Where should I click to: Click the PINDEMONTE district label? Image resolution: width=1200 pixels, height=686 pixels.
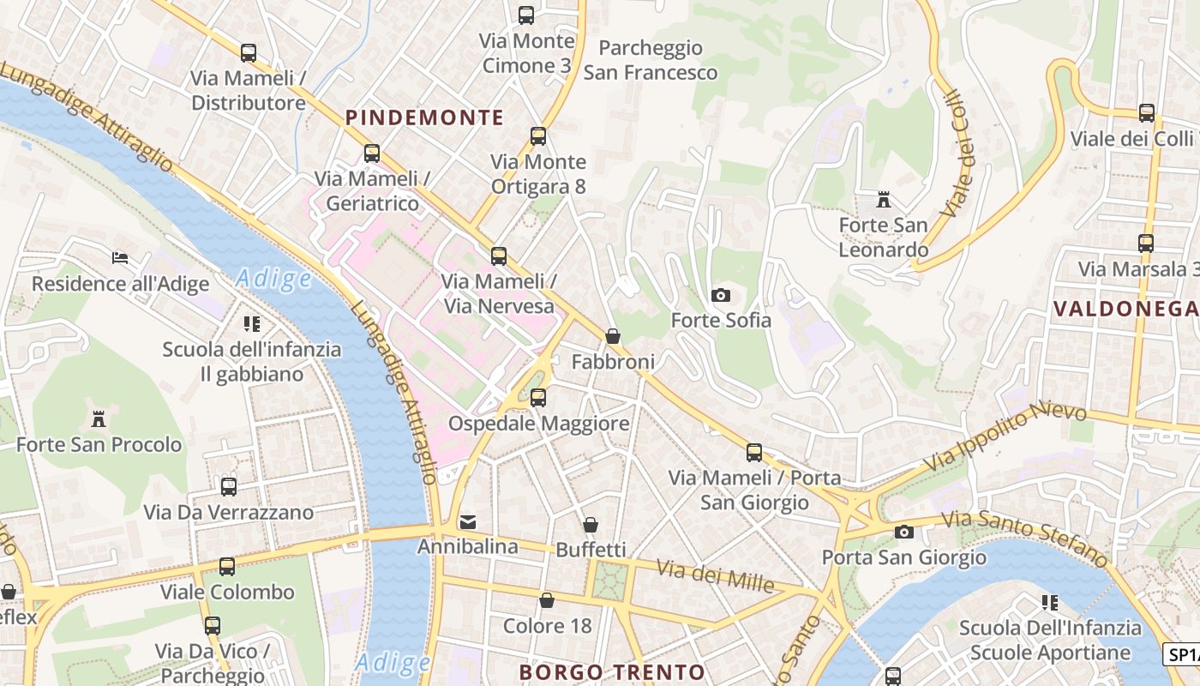424,117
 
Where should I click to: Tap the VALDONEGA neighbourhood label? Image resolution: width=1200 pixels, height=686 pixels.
1125,309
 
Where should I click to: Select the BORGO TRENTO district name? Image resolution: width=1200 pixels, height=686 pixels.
612,671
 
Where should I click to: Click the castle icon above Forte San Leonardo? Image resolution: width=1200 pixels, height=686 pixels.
883,201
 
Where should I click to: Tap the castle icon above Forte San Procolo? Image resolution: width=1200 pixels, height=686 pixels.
99,419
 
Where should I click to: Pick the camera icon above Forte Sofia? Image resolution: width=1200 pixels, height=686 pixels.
721,296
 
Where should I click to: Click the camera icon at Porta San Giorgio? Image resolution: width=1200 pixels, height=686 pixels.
903,533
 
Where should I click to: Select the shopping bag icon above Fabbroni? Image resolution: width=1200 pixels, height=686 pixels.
613,336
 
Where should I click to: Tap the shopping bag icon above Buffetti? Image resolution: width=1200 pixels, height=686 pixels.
591,525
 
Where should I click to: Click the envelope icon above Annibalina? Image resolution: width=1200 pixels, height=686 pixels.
468,521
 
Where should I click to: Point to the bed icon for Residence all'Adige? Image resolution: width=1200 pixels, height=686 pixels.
120,258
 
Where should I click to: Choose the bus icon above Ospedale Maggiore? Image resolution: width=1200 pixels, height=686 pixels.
538,398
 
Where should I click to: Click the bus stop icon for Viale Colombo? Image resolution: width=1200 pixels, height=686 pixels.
227,567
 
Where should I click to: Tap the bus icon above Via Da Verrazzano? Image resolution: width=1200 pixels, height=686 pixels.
229,487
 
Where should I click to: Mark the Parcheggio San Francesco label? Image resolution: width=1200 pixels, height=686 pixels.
651,60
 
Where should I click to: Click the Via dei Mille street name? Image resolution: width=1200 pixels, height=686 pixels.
716,575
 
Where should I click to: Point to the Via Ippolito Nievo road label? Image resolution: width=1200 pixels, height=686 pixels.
1005,437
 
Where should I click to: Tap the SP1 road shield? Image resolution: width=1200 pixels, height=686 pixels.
1182,654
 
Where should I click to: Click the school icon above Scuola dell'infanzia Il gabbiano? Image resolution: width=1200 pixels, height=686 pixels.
251,324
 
